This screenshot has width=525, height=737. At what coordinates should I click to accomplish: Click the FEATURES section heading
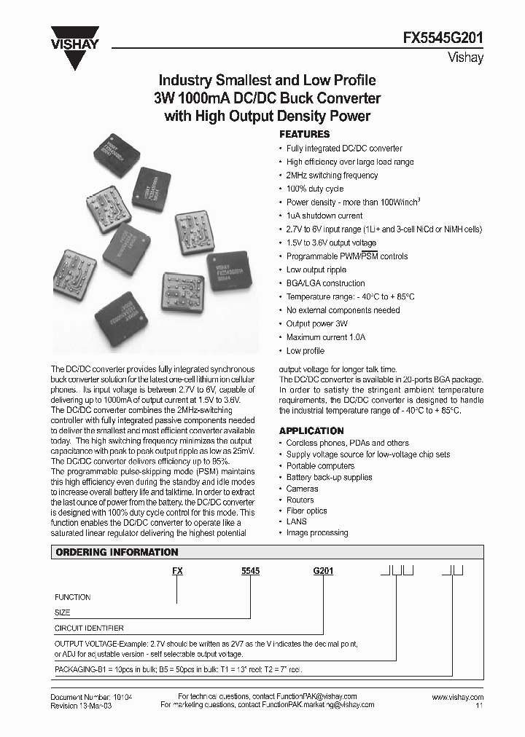pos(305,135)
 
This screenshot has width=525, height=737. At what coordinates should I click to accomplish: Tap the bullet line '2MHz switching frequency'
pos(332,176)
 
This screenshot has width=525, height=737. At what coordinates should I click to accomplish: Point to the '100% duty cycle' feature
pos(315,189)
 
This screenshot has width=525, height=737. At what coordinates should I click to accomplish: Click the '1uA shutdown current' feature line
pos(324,216)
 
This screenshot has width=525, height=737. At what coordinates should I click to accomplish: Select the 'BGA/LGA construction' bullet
pos(325,283)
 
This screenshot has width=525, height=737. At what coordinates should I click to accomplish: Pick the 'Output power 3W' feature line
pos(316,324)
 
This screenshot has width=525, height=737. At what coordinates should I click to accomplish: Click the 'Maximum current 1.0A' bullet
pos(325,337)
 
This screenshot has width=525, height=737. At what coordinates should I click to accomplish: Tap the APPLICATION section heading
pos(311,431)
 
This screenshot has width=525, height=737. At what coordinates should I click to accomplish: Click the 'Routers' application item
pos(300,500)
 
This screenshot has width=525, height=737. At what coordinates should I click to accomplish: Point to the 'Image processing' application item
pos(317,533)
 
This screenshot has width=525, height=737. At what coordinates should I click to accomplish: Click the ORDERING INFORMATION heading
pos(117,553)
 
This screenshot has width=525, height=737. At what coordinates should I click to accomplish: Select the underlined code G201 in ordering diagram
pos(323,572)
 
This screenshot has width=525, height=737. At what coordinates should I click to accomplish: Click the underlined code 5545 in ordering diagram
pos(251,572)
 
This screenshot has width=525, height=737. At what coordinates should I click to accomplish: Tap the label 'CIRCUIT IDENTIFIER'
pos(89,628)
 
